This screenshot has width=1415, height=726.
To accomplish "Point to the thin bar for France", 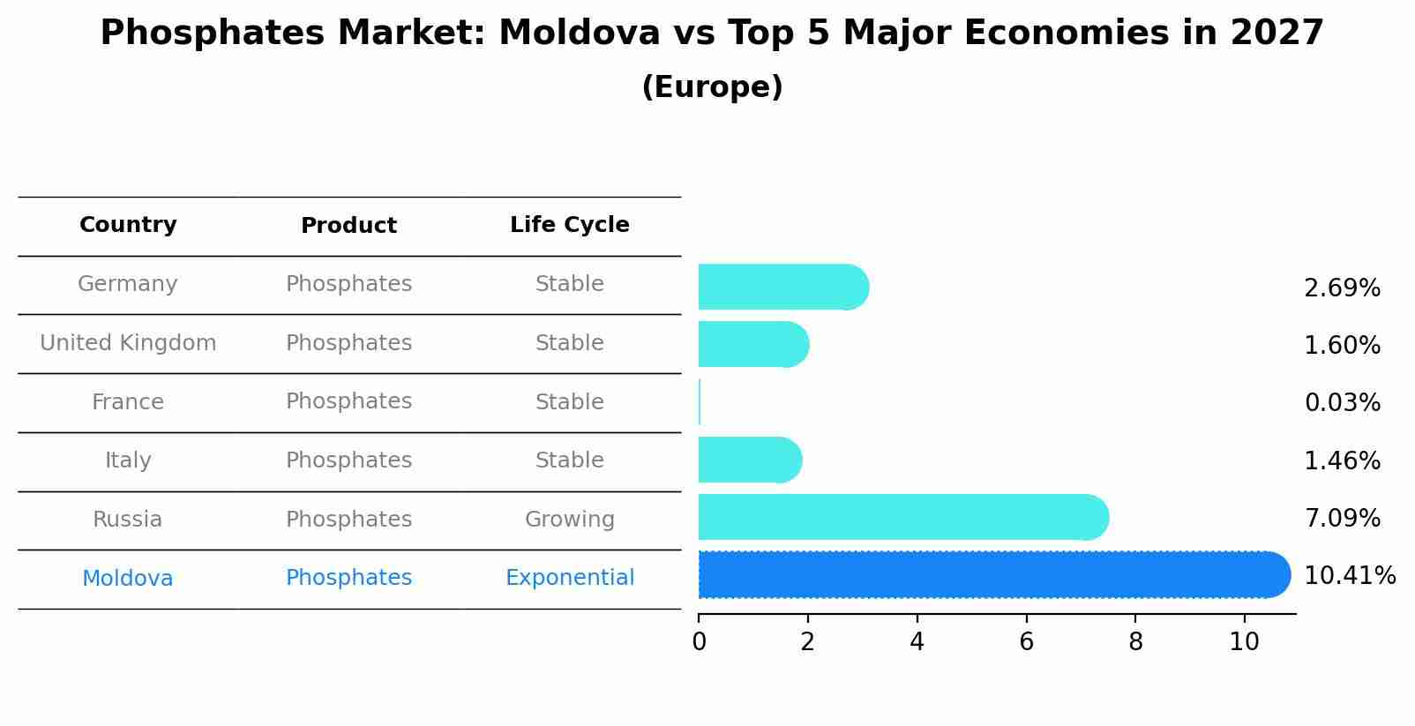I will (x=700, y=402).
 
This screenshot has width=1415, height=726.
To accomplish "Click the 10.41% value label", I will (x=1349, y=576).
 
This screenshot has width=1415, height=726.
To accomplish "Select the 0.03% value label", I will (x=1342, y=403).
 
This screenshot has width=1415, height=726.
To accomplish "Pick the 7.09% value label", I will (x=1342, y=519).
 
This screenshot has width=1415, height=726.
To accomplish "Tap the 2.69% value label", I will (x=1342, y=288).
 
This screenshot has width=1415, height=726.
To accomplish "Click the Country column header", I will (x=128, y=225).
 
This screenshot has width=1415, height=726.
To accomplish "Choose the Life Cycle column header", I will (x=569, y=225).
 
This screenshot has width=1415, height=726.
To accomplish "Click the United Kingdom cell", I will (x=128, y=343).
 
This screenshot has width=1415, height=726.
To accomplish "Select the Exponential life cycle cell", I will (x=569, y=578).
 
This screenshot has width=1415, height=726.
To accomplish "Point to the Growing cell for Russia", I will (x=569, y=520).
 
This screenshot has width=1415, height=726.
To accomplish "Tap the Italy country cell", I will (x=128, y=460).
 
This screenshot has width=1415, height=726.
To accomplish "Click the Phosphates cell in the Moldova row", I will (x=348, y=578).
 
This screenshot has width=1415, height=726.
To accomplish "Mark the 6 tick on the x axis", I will (x=1026, y=642).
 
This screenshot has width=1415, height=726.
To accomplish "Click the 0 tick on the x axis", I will (x=699, y=642).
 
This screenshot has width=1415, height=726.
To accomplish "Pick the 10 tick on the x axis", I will (x=1244, y=642).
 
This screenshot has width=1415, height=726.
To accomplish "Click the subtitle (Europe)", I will (x=712, y=87).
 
